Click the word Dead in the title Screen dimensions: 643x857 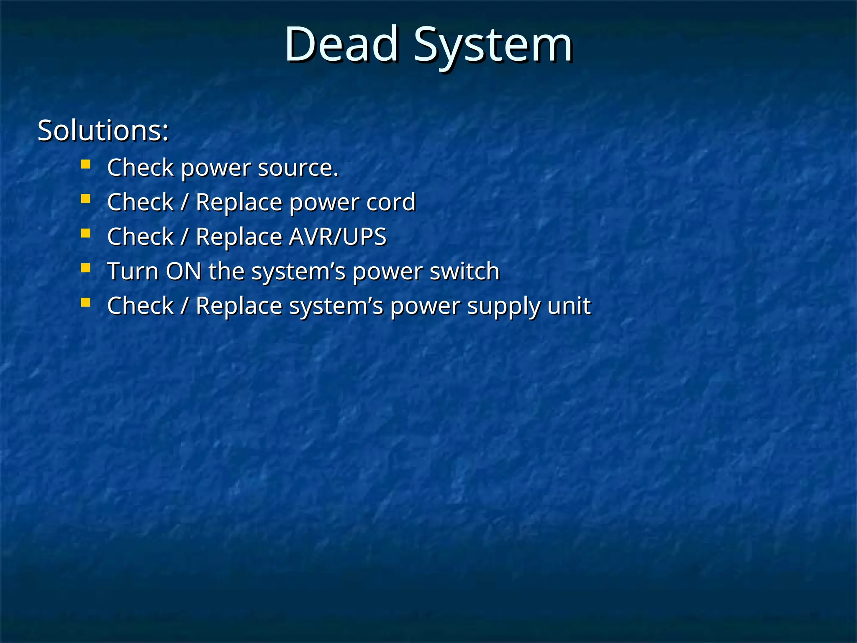tap(341, 44)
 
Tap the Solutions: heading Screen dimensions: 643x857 tap(103, 131)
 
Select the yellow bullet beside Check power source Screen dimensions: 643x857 tap(86, 164)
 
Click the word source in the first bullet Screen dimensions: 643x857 tap(298, 168)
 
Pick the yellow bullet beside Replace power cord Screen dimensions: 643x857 tap(86, 198)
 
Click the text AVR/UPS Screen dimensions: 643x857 tap(338, 237)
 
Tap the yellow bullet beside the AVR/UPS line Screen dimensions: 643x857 tap(86, 233)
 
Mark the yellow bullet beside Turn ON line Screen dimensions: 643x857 tap(86, 268)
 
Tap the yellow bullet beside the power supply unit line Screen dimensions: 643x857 tap(86, 302)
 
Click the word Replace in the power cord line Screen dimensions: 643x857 tap(239, 203)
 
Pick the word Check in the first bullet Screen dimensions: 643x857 tap(140, 168)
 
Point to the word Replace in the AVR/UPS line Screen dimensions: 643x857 tap(239, 237)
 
